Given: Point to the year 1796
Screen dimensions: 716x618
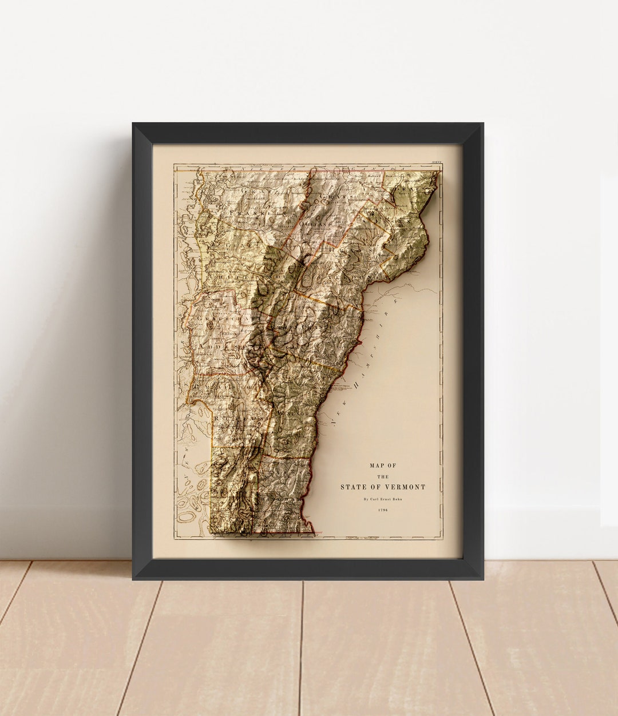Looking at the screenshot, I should pos(383,510).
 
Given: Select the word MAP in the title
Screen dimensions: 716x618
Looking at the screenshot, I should pos(376,466).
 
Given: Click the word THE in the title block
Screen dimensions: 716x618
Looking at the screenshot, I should pos(383,476).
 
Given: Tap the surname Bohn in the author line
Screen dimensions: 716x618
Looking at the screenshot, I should pos(397,499).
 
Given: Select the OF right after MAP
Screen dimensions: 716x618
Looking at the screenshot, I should pos(391,466).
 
